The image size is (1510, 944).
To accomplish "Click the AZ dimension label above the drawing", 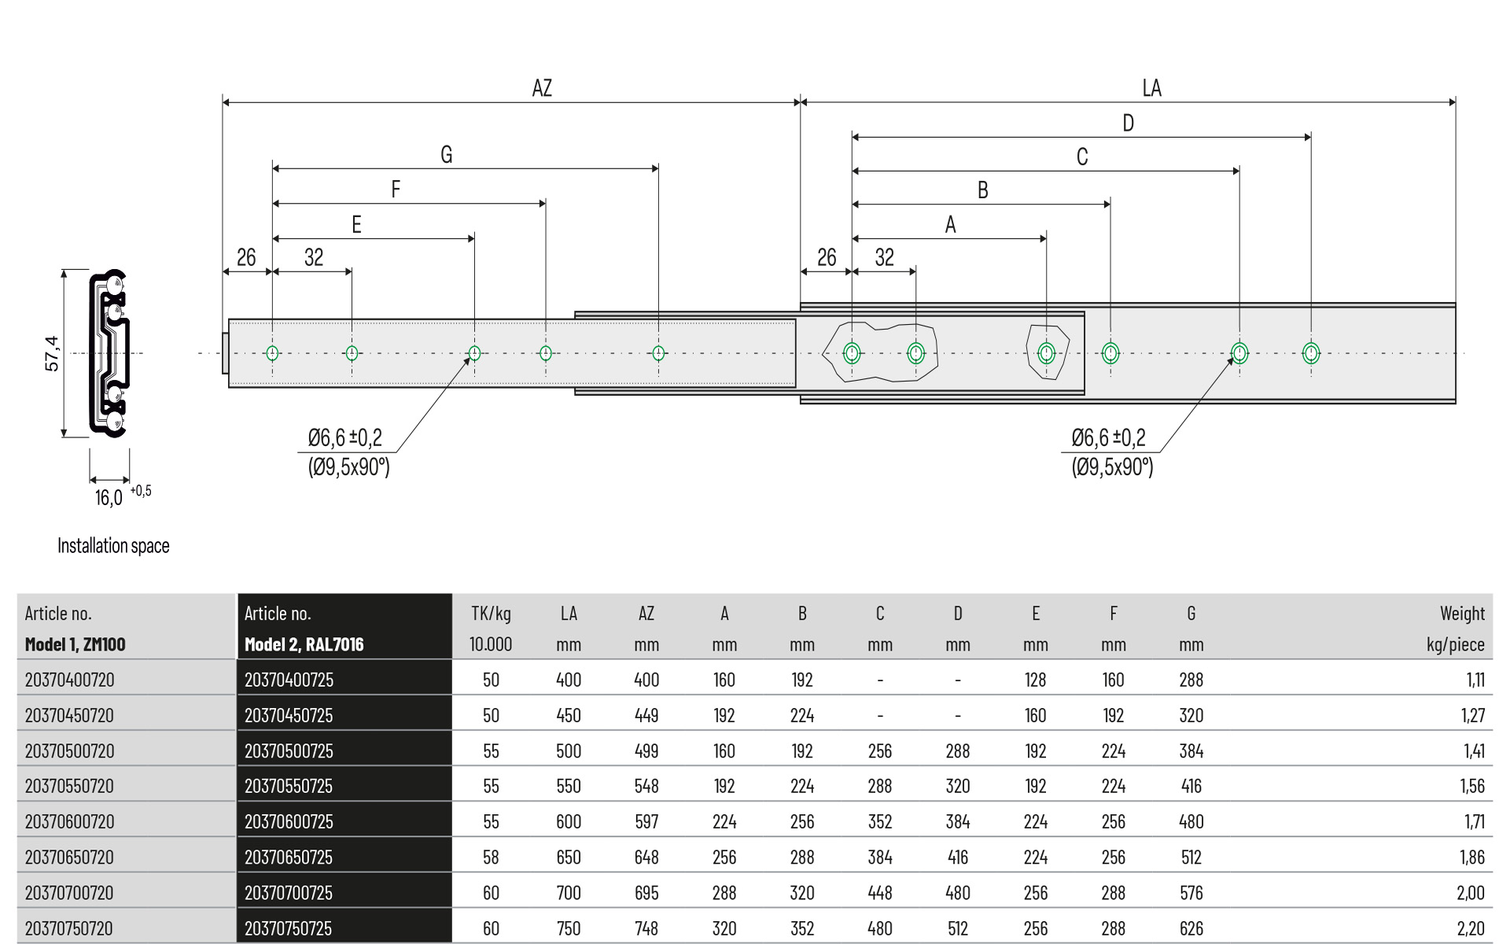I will tap(542, 87).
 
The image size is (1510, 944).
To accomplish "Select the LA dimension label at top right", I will tap(1151, 87).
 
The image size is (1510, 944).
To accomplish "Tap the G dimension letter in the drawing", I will tap(446, 154).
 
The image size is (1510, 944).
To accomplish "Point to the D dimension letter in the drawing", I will tap(1128, 123).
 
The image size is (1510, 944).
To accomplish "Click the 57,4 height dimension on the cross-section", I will tap(52, 352).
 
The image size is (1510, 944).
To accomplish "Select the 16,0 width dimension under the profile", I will tap(109, 497).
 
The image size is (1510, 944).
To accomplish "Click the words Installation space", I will tap(113, 545).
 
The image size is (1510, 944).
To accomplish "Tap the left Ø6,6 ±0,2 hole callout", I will tap(344, 437).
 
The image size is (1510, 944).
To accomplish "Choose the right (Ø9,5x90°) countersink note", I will tap(1112, 467).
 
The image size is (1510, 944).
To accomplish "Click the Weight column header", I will tap(1462, 614).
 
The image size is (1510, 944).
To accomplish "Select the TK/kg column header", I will tap(491, 614).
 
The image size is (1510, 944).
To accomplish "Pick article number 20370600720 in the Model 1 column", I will tap(69, 821).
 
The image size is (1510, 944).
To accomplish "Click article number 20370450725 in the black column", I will tap(289, 715).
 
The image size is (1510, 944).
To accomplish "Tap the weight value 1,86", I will tap(1471, 857).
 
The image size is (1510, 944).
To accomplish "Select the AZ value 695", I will tap(646, 893).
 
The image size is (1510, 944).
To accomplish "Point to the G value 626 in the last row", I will tap(1191, 928).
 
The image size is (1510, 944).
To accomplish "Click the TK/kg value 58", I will tap(491, 857).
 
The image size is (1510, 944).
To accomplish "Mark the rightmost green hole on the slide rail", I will tap(1310, 353).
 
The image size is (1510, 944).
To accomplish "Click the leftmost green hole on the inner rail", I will tap(272, 353).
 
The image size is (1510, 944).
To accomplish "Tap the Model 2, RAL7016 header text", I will tap(304, 644).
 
